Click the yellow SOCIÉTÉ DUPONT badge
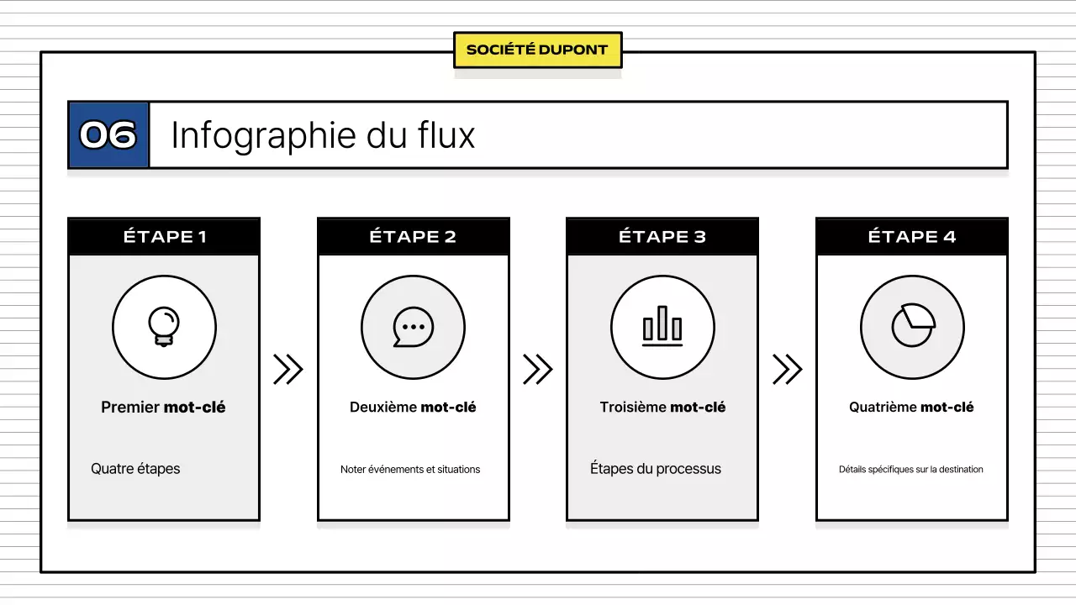[x=537, y=50]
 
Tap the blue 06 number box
[x=108, y=135]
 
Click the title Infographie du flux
[x=323, y=135]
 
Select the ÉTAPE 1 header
[x=164, y=237]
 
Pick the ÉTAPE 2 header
[x=413, y=237]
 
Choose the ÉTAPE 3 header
[x=662, y=237]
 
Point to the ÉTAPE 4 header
[x=912, y=237]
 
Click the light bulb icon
[x=164, y=327]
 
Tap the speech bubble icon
[x=413, y=327]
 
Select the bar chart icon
[x=662, y=327]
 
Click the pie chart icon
[x=912, y=326]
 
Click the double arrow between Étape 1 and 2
[x=287, y=369]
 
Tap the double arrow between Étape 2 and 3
[x=537, y=369]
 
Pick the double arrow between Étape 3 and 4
[x=787, y=369]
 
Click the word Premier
[x=130, y=408]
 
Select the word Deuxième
[x=383, y=408]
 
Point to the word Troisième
[x=633, y=408]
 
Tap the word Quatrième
[x=883, y=408]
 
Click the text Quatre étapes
[x=135, y=469]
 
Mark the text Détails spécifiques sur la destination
[x=911, y=470]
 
